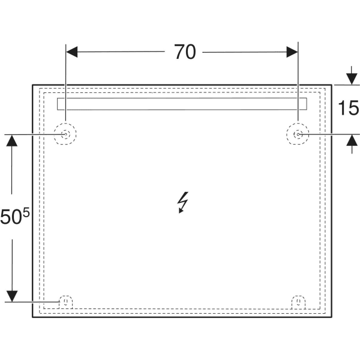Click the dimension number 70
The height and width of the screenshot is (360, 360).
pos(185,52)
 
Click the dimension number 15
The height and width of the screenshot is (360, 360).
pos(348,107)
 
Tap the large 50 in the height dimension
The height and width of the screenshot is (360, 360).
pos(11,217)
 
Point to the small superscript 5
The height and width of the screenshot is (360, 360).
pos(26,212)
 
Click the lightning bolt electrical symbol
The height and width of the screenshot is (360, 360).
pos(183,203)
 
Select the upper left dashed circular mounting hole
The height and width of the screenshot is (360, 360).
pos(65,124)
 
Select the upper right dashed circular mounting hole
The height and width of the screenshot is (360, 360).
pos(298,124)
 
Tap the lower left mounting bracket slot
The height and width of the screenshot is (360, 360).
pos(66,301)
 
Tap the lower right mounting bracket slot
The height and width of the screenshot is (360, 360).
pos(298,301)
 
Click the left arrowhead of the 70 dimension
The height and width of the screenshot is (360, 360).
pos(72,52)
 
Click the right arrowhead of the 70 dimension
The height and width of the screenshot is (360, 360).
pos(292,52)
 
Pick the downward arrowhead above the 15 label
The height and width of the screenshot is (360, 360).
pos(352,79)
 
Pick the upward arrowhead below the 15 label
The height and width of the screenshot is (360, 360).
pos(352,140)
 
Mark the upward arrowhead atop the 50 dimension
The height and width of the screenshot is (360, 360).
pos(12,140)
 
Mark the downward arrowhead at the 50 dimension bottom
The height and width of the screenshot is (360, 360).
pos(12,296)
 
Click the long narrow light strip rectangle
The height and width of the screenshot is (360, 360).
pos(182,104)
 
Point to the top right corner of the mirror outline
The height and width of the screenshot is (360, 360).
pos(332,85)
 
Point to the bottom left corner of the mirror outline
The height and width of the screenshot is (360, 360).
pos(32,317)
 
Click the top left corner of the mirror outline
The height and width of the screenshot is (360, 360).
pos(32,85)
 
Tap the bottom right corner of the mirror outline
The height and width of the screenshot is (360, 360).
pos(332,317)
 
